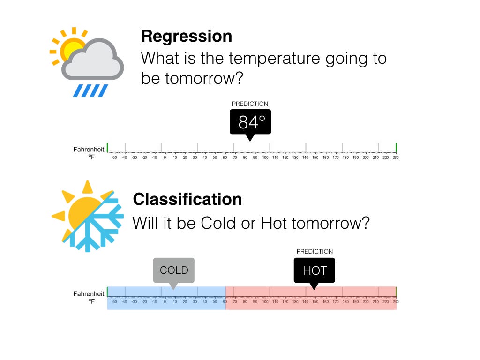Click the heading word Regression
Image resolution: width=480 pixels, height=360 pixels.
coord(186,36)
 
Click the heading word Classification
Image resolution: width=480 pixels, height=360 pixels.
coord(187,199)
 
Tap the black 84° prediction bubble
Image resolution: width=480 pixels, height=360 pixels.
coord(250,122)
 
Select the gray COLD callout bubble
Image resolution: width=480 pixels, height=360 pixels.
coord(173,270)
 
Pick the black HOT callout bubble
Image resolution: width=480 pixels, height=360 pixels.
coord(314,270)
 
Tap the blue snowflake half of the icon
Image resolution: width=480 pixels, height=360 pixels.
coord(96,225)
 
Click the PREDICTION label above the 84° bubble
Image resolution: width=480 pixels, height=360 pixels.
coord(250,104)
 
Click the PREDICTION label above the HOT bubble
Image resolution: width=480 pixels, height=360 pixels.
coord(315,252)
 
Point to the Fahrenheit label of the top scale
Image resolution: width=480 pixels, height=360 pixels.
coord(89,150)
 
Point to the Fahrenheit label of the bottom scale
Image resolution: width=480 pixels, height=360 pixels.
coord(89,294)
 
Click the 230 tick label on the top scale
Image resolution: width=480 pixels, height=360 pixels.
coord(395,157)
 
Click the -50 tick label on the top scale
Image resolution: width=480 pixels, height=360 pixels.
coord(114,157)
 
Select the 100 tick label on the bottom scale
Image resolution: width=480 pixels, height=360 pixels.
coord(265,301)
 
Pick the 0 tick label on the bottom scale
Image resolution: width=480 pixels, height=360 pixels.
coord(165,301)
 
